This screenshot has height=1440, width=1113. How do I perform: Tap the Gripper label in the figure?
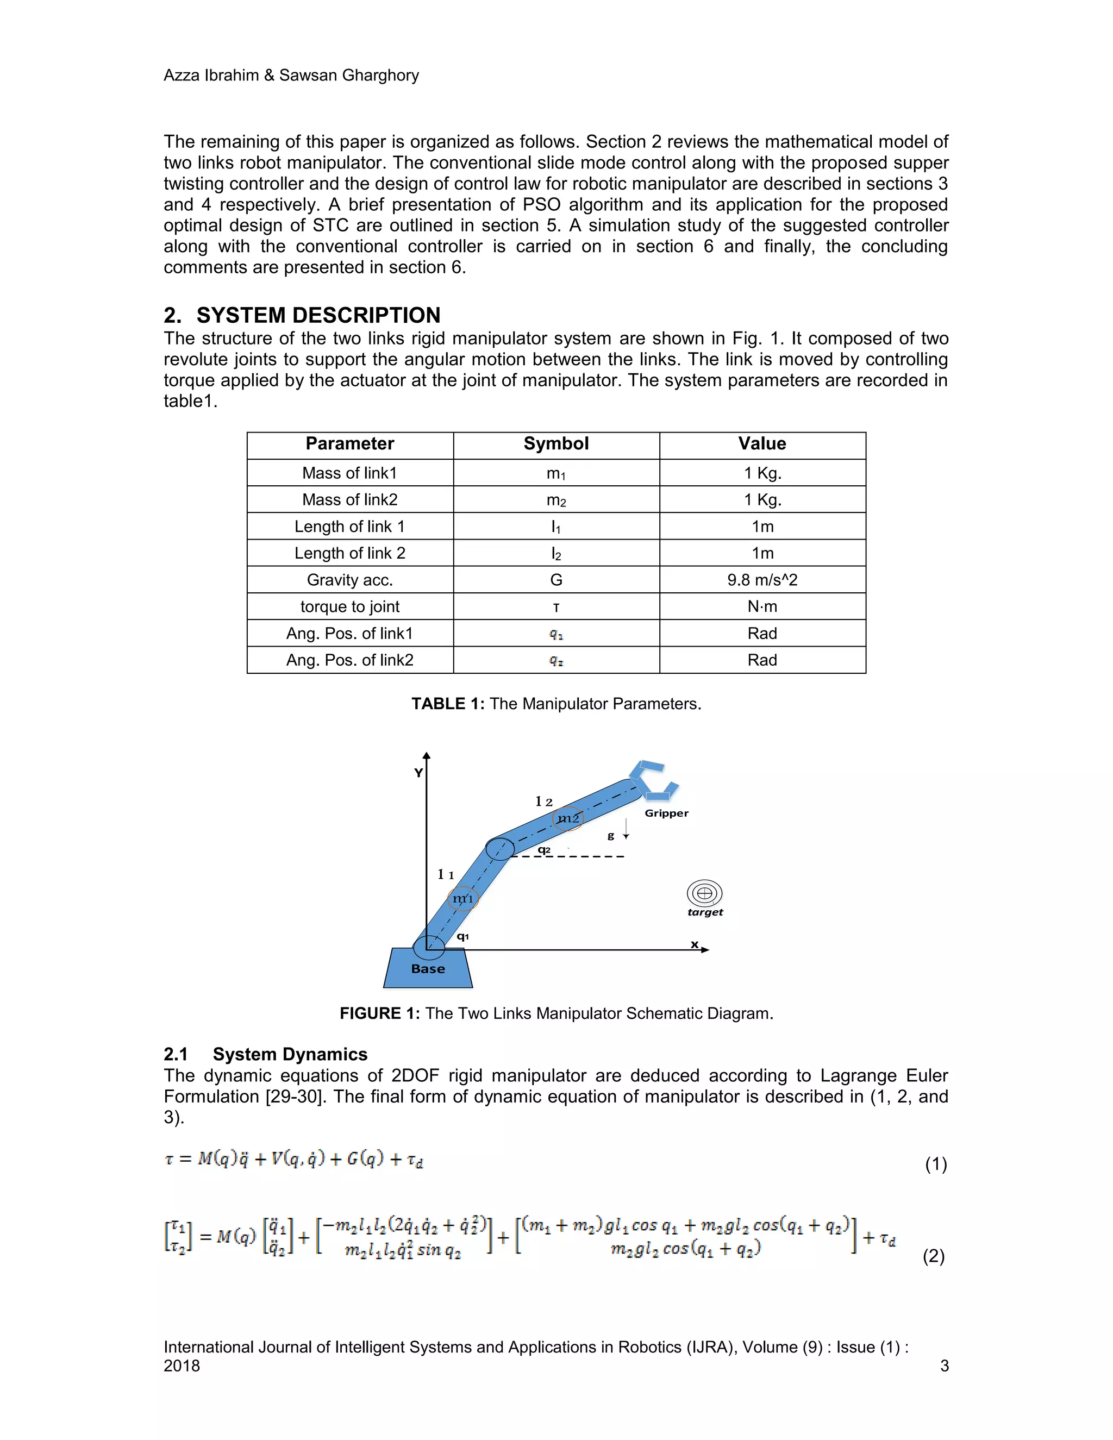(666, 813)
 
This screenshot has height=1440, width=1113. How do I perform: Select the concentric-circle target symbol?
(704, 893)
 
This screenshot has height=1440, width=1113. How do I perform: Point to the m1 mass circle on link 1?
(462, 898)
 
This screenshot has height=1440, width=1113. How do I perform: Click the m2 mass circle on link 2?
(568, 818)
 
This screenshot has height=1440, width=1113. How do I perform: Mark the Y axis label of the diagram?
(418, 773)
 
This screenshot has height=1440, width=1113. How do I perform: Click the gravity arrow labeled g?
(625, 829)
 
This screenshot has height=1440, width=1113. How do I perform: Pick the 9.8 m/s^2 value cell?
(762, 580)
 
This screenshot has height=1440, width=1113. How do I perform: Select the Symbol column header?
(556, 444)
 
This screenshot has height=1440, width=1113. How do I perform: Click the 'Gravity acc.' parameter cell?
(349, 580)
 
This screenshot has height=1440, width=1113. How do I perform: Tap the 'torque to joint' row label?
(349, 606)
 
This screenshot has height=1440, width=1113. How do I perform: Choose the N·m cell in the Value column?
(762, 606)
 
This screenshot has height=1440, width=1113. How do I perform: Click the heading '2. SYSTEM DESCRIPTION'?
(302, 315)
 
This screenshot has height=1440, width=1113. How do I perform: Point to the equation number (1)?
(935, 1164)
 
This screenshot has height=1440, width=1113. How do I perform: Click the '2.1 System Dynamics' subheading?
(266, 1054)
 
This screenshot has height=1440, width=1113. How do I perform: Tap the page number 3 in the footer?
(943, 1365)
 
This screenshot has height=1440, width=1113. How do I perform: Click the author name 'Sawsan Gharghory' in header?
(349, 75)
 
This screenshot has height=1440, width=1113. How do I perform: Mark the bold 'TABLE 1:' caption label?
(448, 704)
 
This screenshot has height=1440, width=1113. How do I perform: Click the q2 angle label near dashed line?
(544, 849)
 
